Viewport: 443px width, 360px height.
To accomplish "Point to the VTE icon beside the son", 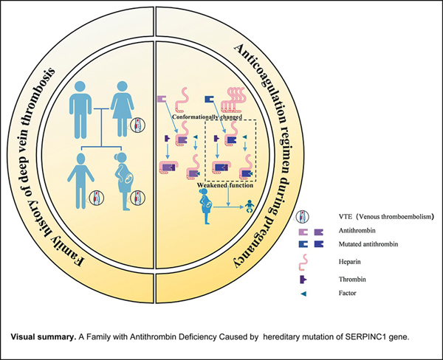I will click(94, 198).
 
